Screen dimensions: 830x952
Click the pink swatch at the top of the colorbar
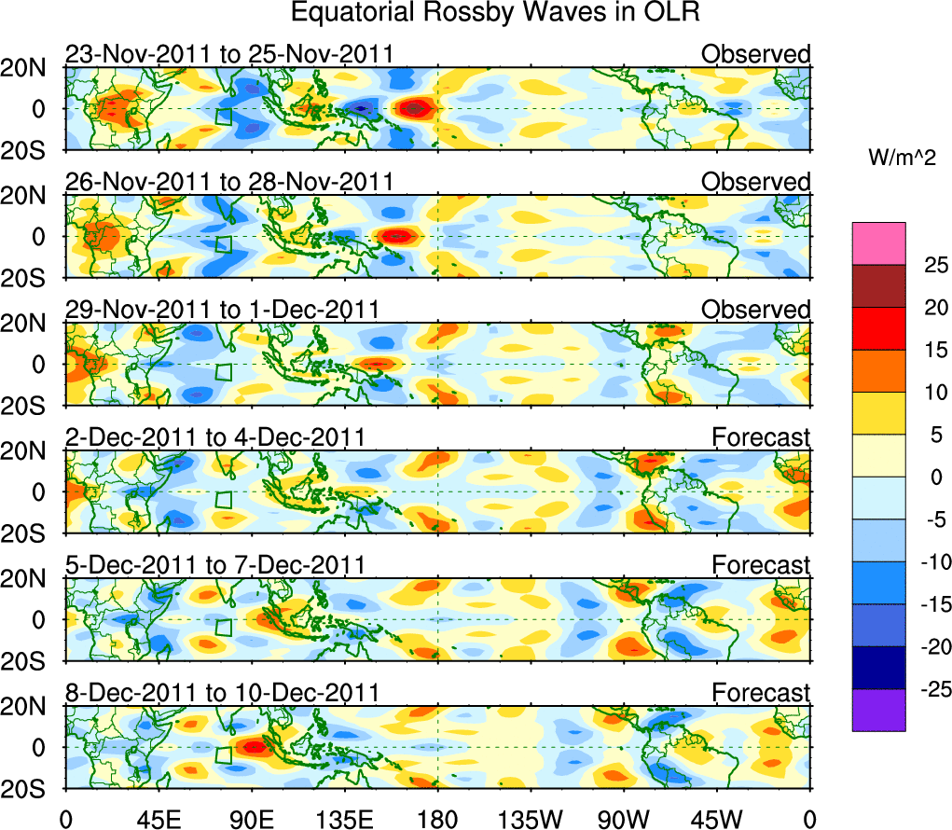tap(878, 243)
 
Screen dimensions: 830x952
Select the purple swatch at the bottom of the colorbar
tap(878, 710)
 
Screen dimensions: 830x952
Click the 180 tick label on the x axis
tap(437, 818)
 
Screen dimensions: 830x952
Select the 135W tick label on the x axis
tap(531, 818)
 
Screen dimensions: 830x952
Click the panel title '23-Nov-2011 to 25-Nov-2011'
tap(229, 55)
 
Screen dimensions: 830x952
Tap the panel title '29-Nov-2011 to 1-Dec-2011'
tap(222, 309)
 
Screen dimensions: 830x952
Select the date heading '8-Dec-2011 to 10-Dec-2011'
tap(222, 693)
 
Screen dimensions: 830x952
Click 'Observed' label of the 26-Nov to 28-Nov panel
tap(756, 182)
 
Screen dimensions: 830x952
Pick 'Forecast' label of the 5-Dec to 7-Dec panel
tap(761, 565)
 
